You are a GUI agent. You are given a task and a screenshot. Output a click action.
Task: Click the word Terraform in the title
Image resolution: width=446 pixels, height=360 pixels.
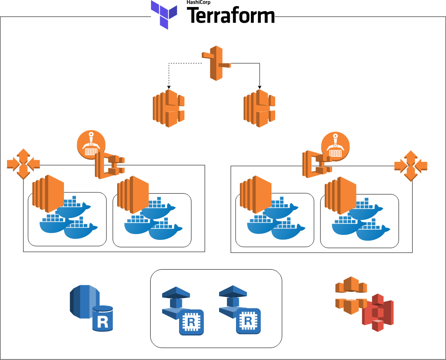pyautogui.click(x=231, y=16)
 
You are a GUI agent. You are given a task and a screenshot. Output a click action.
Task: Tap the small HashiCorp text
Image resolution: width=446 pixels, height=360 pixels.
pyautogui.click(x=198, y=2)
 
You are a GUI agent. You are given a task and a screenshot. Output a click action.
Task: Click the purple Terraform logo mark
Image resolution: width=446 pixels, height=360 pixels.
pyautogui.click(x=164, y=14)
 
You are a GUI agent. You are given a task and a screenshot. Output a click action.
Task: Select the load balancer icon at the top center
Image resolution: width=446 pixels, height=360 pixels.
pyautogui.click(x=216, y=63)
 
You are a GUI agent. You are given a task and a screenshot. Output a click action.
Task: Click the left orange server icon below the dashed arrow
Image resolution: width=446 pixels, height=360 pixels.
pyautogui.click(x=169, y=108)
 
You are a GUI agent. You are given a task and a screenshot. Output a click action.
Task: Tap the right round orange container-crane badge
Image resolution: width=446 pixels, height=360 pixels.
pyautogui.click(x=335, y=147)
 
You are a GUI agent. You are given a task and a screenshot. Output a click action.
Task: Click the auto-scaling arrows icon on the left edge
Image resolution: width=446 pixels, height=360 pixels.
pyautogui.click(x=23, y=164)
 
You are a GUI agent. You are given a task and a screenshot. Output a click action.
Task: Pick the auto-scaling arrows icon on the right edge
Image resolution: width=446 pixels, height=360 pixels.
pyautogui.click(x=411, y=166)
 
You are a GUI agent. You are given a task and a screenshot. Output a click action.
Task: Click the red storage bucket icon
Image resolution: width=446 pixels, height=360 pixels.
pyautogui.click(x=378, y=313)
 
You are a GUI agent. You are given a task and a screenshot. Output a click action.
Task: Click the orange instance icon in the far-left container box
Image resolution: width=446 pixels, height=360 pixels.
pyautogui.click(x=48, y=193)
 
